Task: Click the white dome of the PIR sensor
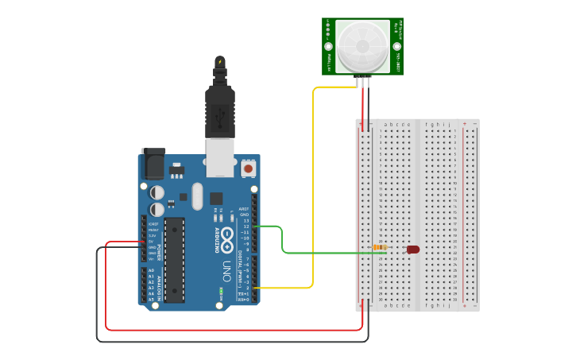pyautogui.click(x=362, y=46)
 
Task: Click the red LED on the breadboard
pyautogui.click(x=413, y=250)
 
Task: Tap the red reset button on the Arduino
pyautogui.click(x=248, y=168)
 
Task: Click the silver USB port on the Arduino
pyautogui.click(x=220, y=157)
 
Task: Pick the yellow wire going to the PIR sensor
pyautogui.click(x=313, y=191)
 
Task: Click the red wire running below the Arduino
pyautogui.click(x=238, y=330)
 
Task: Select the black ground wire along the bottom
pyautogui.click(x=238, y=342)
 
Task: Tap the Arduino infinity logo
pyautogui.click(x=227, y=236)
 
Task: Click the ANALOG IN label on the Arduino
pyautogui.click(x=158, y=285)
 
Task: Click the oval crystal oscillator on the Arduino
pyautogui.click(x=197, y=195)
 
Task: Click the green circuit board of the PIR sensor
pyautogui.click(x=329, y=46)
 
